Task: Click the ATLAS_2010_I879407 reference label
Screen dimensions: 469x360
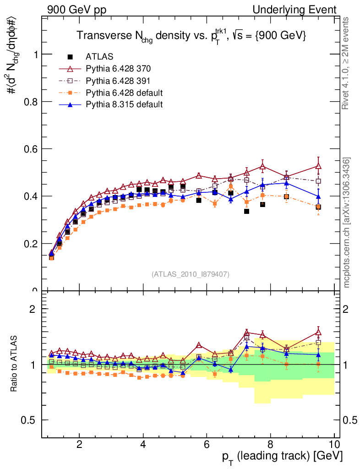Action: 191,274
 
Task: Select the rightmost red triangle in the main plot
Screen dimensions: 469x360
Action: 318,166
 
